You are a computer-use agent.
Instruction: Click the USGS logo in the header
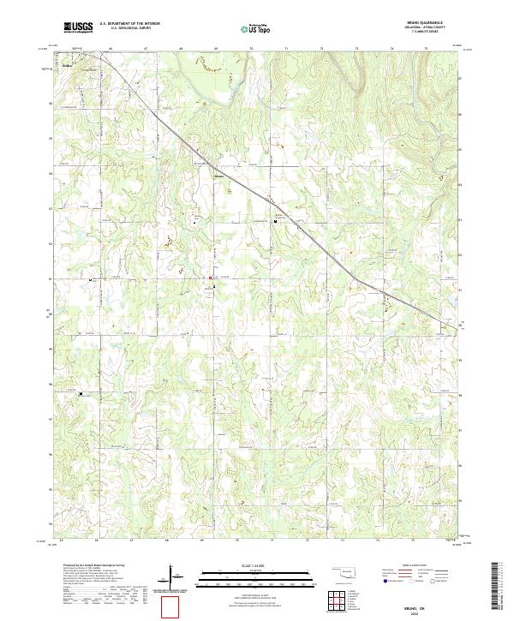(78, 27)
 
